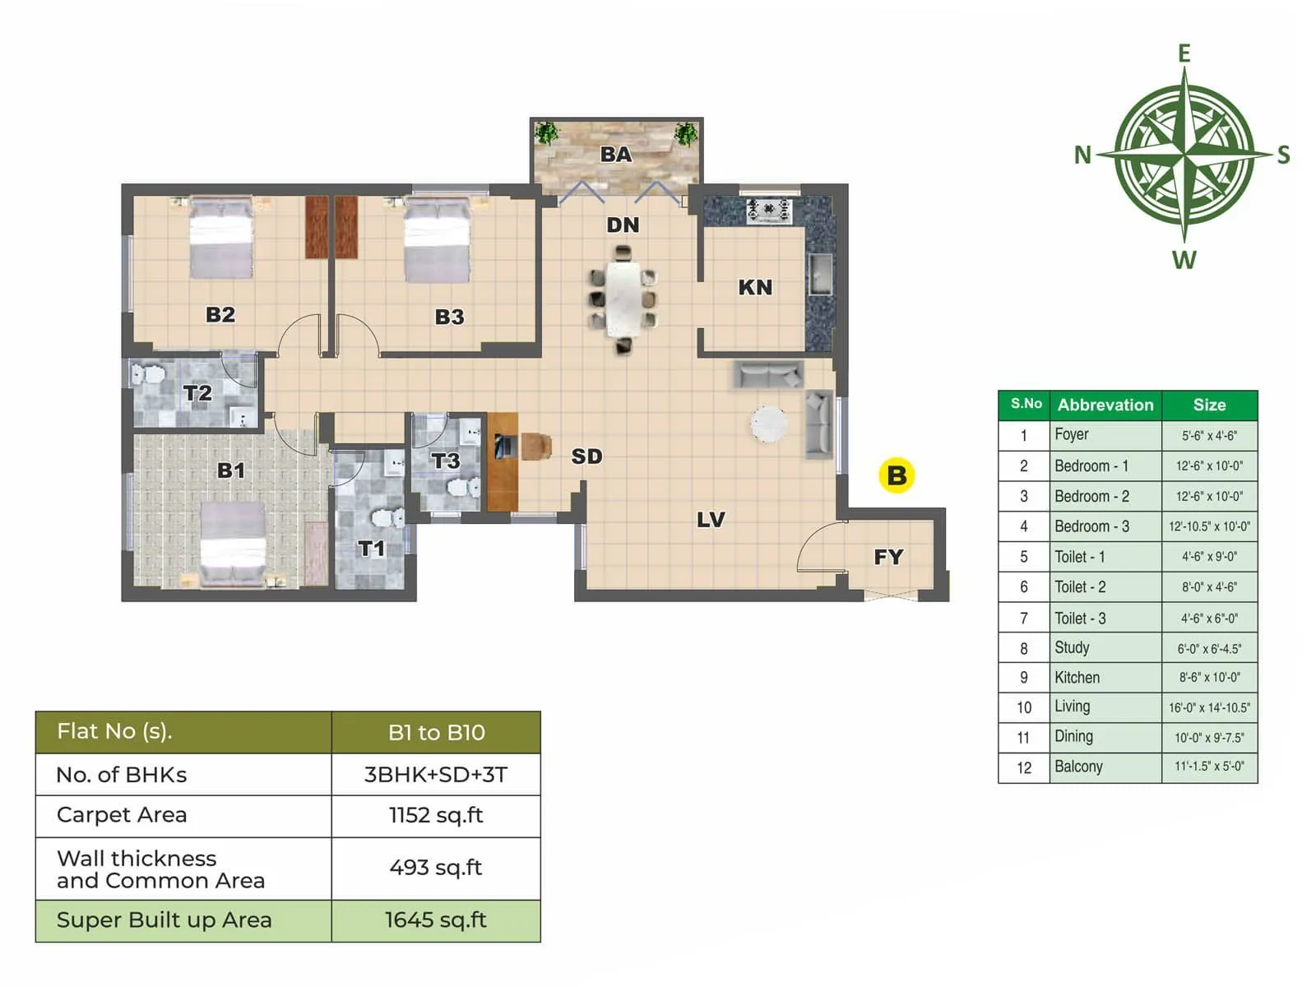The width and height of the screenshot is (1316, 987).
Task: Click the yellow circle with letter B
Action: pyautogui.click(x=896, y=475)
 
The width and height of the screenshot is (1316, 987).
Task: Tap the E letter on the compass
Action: pyautogui.click(x=1184, y=53)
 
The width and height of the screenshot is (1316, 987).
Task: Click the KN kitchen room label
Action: pyautogui.click(x=755, y=287)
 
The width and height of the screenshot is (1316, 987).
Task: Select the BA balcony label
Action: pyautogui.click(x=616, y=154)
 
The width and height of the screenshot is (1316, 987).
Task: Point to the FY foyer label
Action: pyautogui.click(x=888, y=557)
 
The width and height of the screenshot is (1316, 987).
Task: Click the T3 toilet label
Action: pyautogui.click(x=446, y=461)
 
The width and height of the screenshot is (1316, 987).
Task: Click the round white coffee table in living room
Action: pyautogui.click(x=769, y=424)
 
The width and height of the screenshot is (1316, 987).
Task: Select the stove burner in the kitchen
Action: pyautogui.click(x=768, y=210)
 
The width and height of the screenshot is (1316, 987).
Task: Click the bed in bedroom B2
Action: pyautogui.click(x=220, y=239)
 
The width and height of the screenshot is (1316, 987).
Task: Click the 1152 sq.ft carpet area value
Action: pyautogui.click(x=436, y=815)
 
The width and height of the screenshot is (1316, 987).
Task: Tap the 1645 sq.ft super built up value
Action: pyautogui.click(x=436, y=920)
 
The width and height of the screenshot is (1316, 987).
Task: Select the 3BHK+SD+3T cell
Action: pyautogui.click(x=436, y=774)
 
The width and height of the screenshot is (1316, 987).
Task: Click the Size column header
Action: pyautogui.click(x=1209, y=405)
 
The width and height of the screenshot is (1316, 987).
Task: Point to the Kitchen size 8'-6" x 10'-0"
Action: pyautogui.click(x=1209, y=678)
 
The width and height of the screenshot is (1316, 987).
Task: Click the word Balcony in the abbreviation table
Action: pyautogui.click(x=1078, y=767)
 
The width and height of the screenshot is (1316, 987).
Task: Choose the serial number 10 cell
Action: pyautogui.click(x=1023, y=707)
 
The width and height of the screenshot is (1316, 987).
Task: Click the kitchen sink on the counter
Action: pyautogui.click(x=819, y=274)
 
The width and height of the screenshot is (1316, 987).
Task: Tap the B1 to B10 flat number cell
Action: pyautogui.click(x=436, y=732)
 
